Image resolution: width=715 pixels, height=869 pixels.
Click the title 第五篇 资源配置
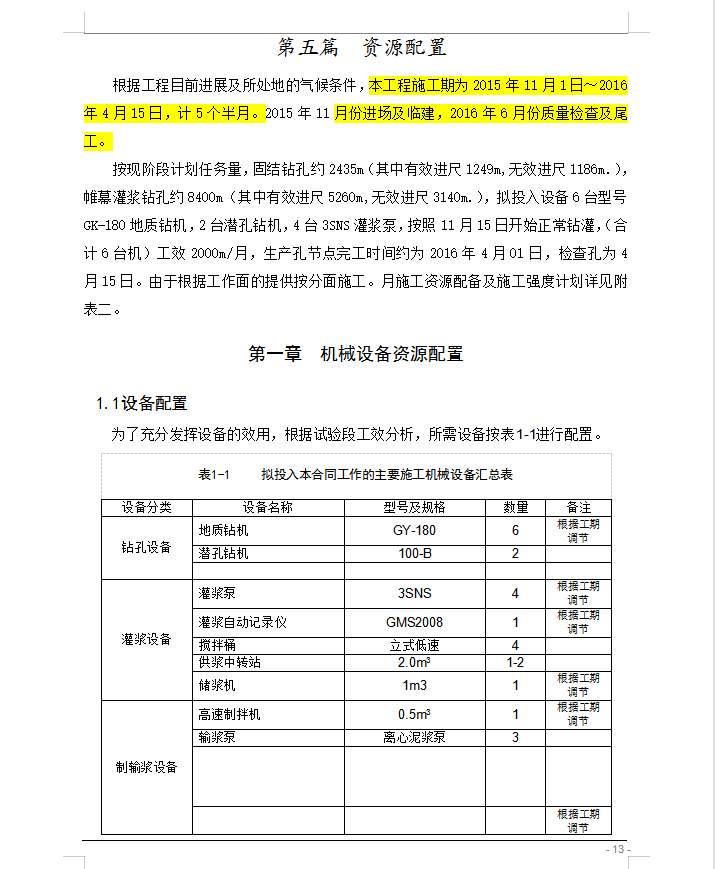tap(361, 47)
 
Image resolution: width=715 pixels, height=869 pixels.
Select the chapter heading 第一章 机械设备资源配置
tap(356, 354)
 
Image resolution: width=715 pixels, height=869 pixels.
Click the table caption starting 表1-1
tap(355, 474)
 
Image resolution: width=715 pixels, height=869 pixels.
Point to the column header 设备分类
tap(146, 507)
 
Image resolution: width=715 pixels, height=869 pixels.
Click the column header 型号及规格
tap(414, 507)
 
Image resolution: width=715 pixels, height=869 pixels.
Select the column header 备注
tap(578, 507)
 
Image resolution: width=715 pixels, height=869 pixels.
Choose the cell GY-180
tap(414, 531)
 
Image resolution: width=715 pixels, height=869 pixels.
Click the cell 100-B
tap(414, 553)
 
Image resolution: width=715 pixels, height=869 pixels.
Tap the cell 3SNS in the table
tap(414, 593)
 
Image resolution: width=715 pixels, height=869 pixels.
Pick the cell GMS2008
tap(414, 622)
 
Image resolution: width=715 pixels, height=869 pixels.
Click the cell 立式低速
tap(414, 645)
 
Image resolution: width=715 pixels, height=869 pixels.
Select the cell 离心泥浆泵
tap(414, 738)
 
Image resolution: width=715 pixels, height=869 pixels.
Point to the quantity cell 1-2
tap(515, 662)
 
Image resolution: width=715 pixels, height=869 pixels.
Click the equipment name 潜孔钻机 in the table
tap(223, 553)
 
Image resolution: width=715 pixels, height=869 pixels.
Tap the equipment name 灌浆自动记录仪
tap(243, 622)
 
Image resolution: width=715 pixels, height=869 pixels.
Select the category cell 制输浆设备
tap(146, 767)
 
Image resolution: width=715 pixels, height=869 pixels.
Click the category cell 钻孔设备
tap(146, 547)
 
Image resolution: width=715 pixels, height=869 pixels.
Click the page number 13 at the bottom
tap(617, 850)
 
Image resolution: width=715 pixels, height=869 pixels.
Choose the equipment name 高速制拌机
tap(229, 714)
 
